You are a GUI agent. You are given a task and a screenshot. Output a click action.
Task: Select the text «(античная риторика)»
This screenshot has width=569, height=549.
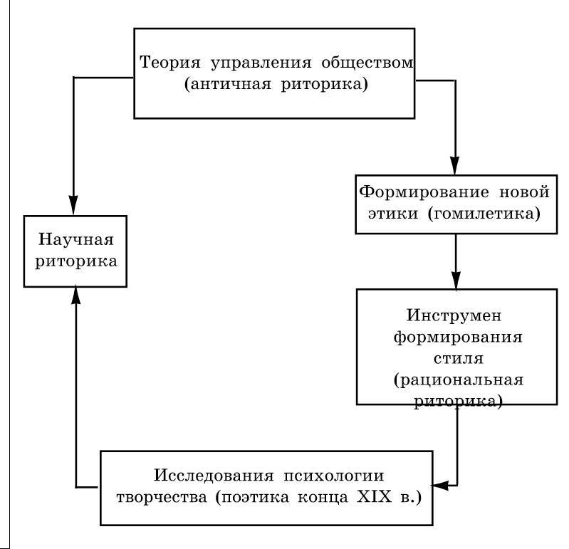click(275, 85)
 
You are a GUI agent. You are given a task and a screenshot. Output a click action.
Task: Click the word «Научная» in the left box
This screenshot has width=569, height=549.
click(76, 238)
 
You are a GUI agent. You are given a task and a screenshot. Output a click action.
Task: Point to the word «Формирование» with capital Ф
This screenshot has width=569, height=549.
click(413, 192)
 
